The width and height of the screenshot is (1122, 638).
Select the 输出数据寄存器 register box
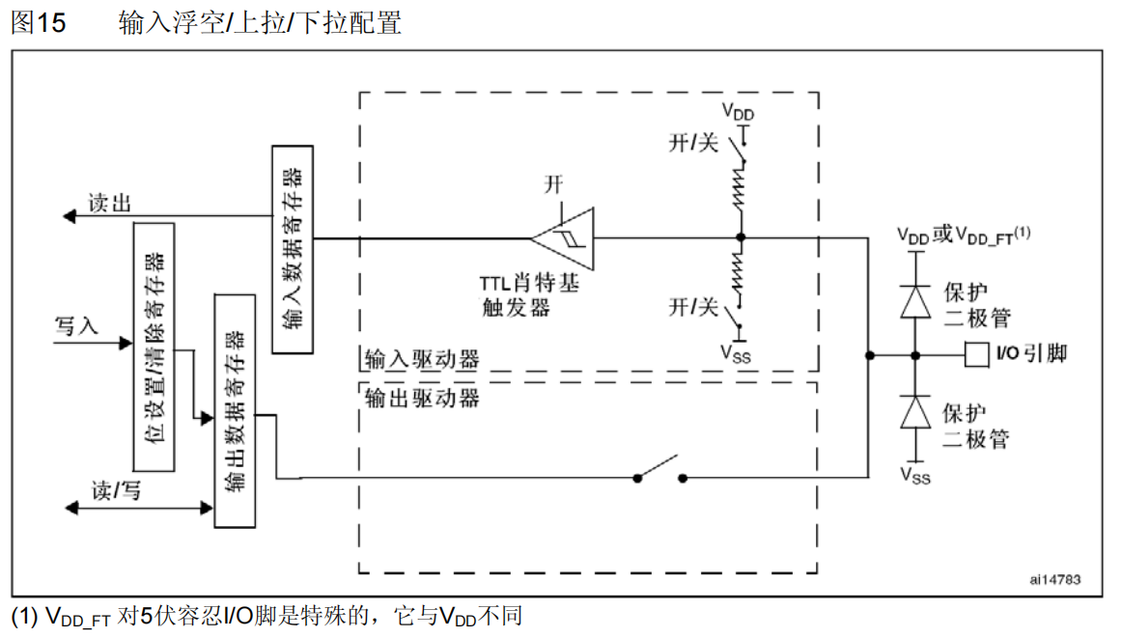coord(235,412)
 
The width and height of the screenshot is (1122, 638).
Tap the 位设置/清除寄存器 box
coord(154,347)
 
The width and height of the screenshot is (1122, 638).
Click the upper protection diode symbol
coord(912,301)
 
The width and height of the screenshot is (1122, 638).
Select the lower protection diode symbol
coord(912,412)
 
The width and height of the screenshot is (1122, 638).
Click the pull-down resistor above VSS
coord(741,273)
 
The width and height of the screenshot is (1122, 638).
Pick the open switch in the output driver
coord(660,471)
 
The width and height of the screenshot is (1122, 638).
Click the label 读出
coord(108,204)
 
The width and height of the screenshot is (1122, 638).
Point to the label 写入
coord(77,326)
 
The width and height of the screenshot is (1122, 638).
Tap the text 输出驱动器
coord(422,397)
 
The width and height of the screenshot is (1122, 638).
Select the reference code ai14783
coord(1054,579)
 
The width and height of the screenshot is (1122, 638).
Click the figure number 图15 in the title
coord(39,23)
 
